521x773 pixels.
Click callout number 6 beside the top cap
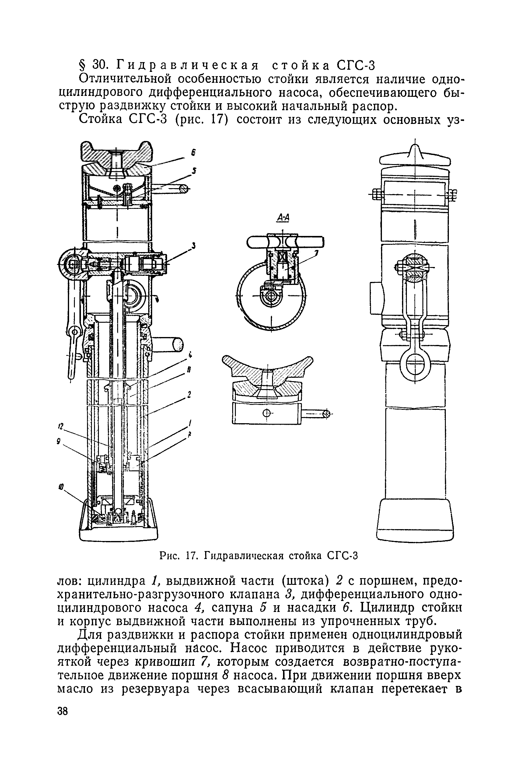[x=193, y=153]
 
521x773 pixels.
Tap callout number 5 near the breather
[x=194, y=171]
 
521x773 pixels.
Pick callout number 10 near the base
[x=61, y=487]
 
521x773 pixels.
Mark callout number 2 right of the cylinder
[x=189, y=395]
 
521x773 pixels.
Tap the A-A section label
[x=283, y=218]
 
